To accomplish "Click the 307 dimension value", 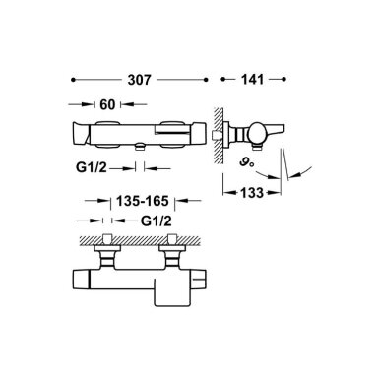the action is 139,80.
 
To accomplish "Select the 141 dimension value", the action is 252,80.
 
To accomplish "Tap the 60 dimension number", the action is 107,104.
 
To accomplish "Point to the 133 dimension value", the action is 252,193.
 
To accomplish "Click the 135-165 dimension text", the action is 143,201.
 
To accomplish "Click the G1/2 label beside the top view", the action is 92,168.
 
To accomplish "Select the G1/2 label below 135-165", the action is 157,221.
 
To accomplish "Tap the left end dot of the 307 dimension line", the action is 73,80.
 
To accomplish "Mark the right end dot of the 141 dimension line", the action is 284,79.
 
